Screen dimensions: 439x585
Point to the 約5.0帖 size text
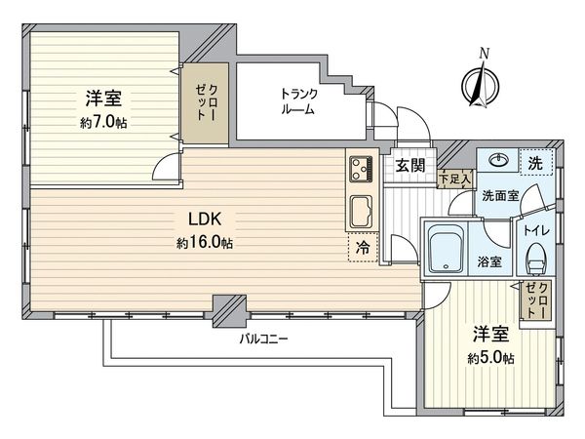(x=491, y=358)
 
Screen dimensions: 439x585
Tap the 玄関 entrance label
(x=409, y=166)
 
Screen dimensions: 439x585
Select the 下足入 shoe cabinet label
(x=455, y=179)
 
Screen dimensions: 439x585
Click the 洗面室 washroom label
(x=499, y=195)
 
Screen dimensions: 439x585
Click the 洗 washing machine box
(x=534, y=161)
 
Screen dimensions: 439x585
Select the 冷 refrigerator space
(x=359, y=247)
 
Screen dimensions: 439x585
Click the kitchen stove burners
(x=360, y=170)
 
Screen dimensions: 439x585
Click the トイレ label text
(x=535, y=231)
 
